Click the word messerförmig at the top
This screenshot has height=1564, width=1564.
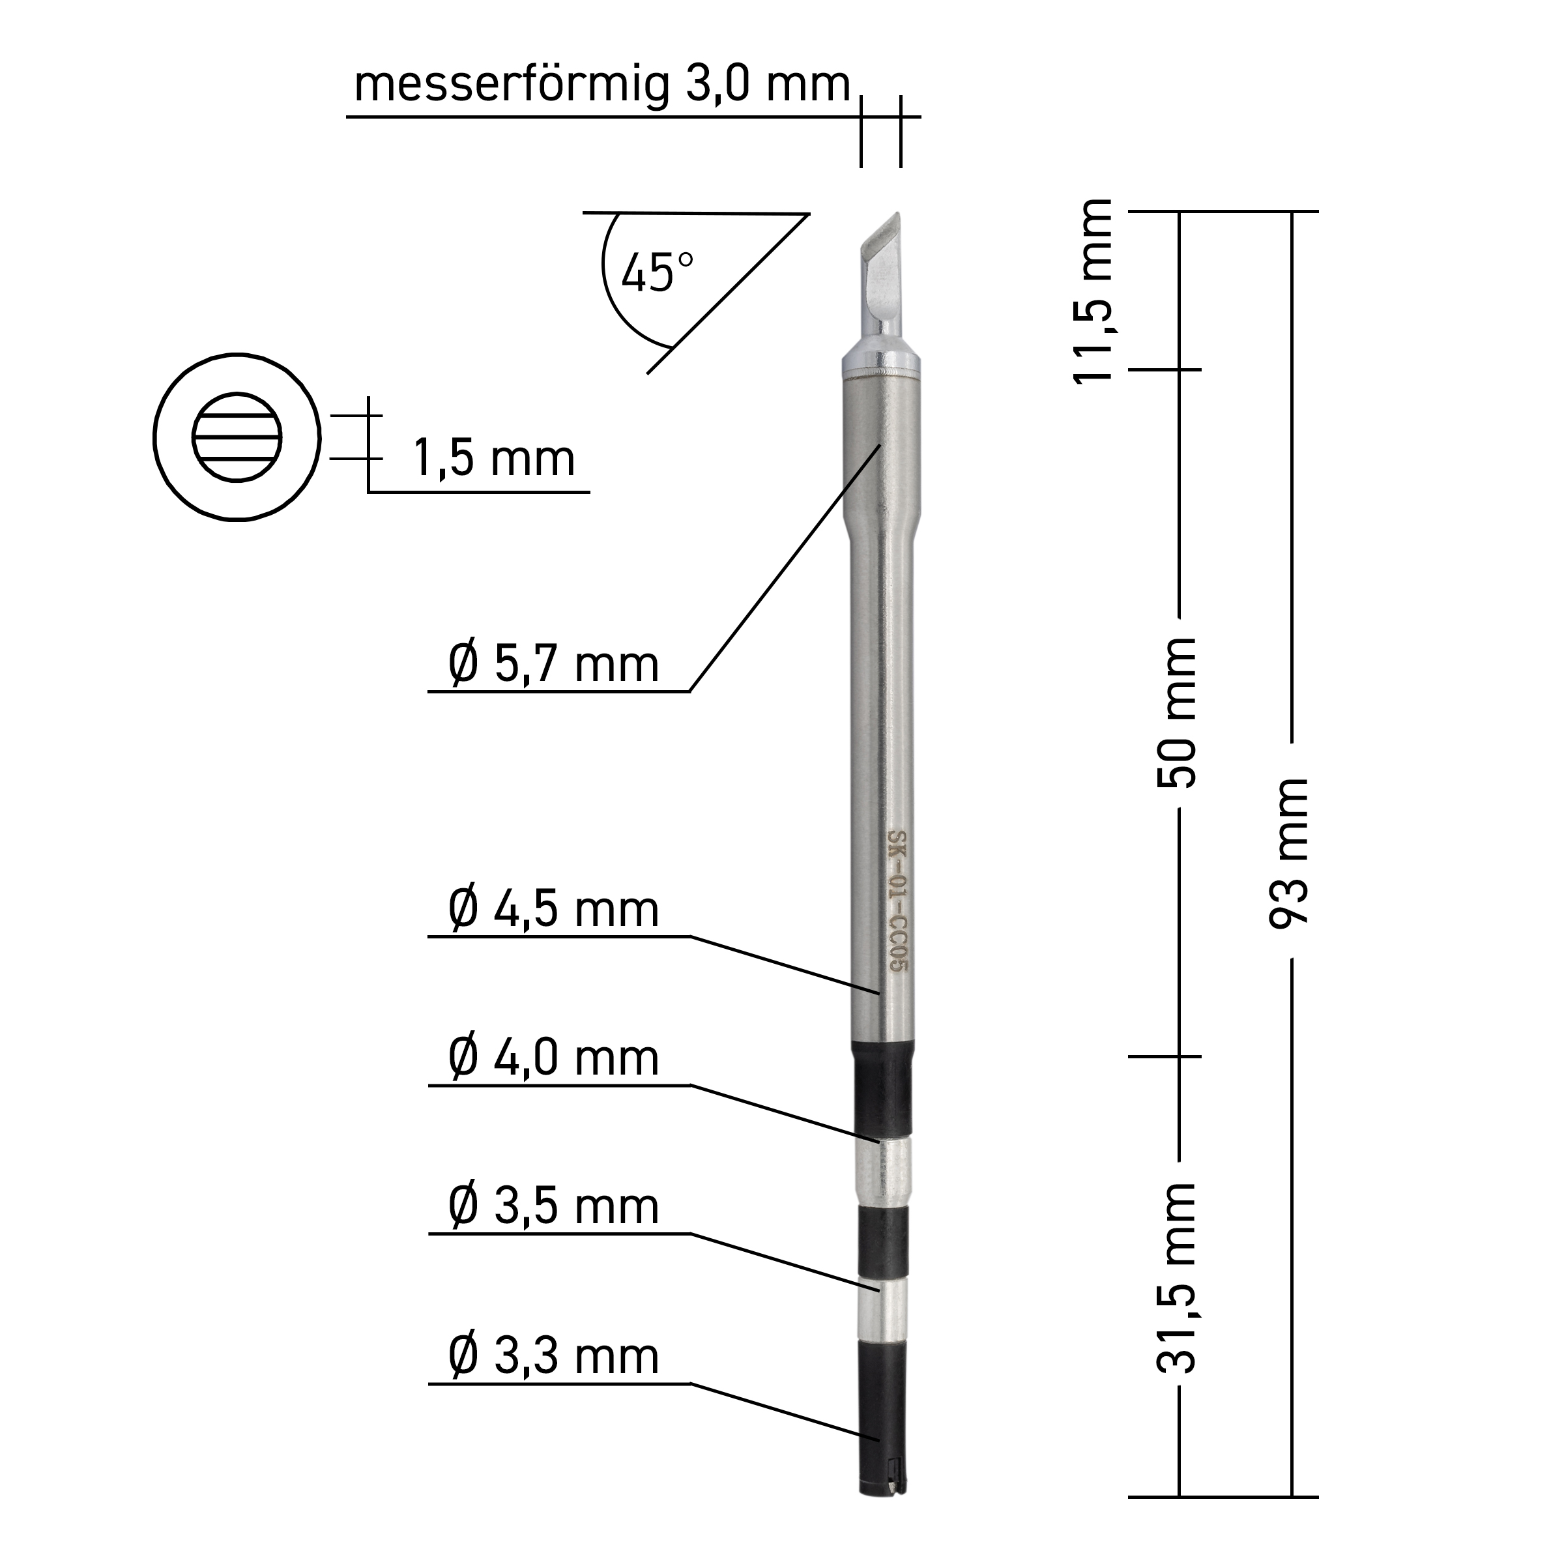tap(512, 85)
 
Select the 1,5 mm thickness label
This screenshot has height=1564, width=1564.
tap(494, 459)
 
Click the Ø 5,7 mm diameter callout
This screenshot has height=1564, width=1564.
tap(554, 665)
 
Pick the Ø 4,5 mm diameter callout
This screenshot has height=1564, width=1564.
tap(554, 910)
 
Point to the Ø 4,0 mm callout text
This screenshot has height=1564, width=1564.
tap(554, 1059)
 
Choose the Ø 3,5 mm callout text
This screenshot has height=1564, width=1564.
tap(554, 1207)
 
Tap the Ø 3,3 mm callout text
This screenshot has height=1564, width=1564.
tap(554, 1357)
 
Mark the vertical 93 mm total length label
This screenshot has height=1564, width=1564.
tap(1289, 852)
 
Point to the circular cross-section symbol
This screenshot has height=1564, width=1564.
tap(237, 438)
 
